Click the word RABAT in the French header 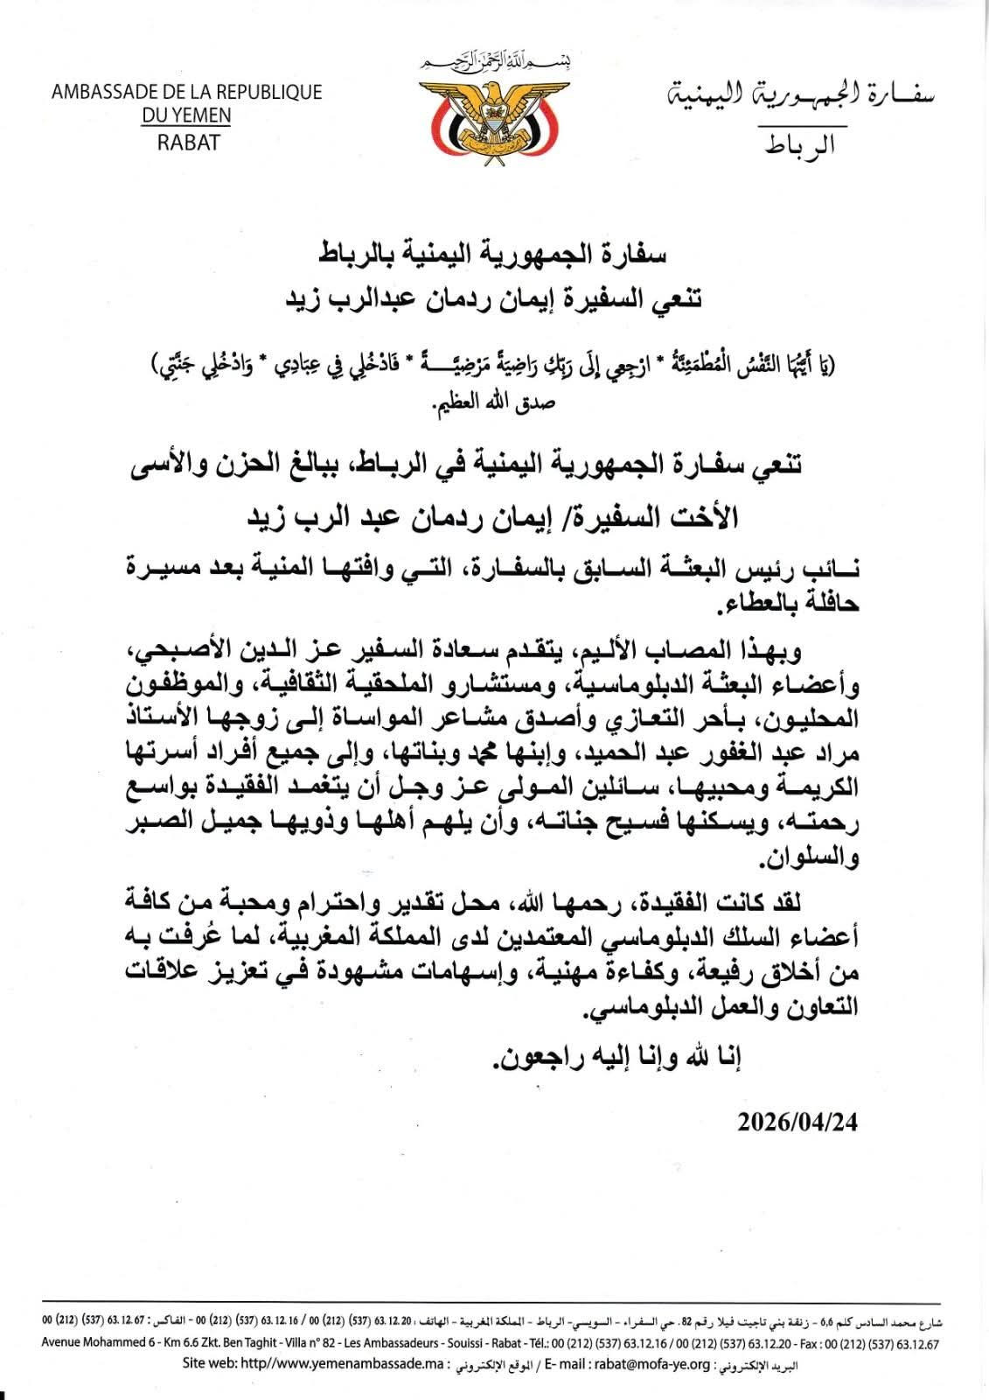pos(188,141)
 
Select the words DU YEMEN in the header pos(187,115)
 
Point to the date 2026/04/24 pos(797,1123)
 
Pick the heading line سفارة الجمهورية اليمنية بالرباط pos(494,255)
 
